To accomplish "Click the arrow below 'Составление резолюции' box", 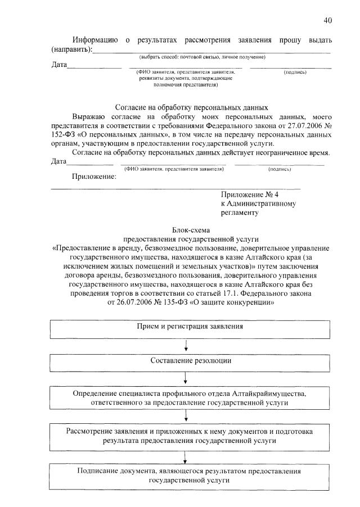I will pyautogui.click(x=186, y=377).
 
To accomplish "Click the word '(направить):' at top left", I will pyautogui.click(x=71, y=49).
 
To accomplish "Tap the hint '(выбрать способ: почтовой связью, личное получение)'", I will pyautogui.click(x=202, y=57).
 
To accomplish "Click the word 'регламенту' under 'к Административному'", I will pyautogui.click(x=239, y=212).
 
